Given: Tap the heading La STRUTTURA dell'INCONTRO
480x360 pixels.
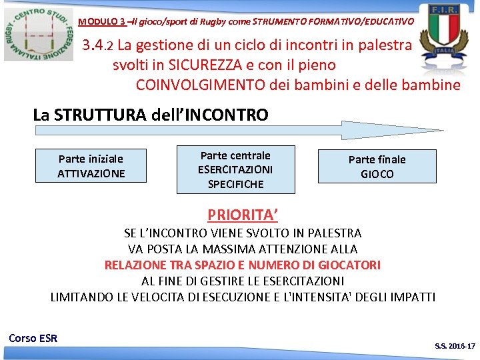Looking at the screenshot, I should (x=151, y=115).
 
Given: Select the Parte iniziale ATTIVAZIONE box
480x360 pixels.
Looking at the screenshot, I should (x=91, y=166).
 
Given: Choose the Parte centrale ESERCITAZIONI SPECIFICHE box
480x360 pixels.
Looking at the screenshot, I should (x=235, y=169).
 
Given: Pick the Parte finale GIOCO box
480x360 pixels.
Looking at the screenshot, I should (x=377, y=167).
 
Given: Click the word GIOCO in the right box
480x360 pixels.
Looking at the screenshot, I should (x=377, y=174).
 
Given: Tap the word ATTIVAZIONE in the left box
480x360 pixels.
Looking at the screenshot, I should (x=91, y=173).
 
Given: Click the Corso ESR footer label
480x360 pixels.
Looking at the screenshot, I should (x=33, y=338).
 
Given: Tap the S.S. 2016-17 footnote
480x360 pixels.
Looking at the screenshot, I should (x=455, y=347).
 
